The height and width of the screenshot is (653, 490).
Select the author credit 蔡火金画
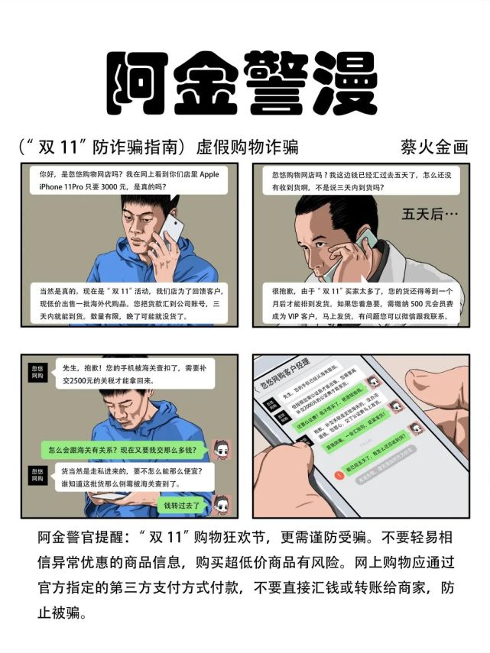(433, 147)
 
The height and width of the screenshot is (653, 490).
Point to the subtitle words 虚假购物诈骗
(248, 147)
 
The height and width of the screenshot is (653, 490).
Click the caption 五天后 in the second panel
(430, 215)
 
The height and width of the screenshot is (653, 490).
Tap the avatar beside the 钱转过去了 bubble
(221, 504)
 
